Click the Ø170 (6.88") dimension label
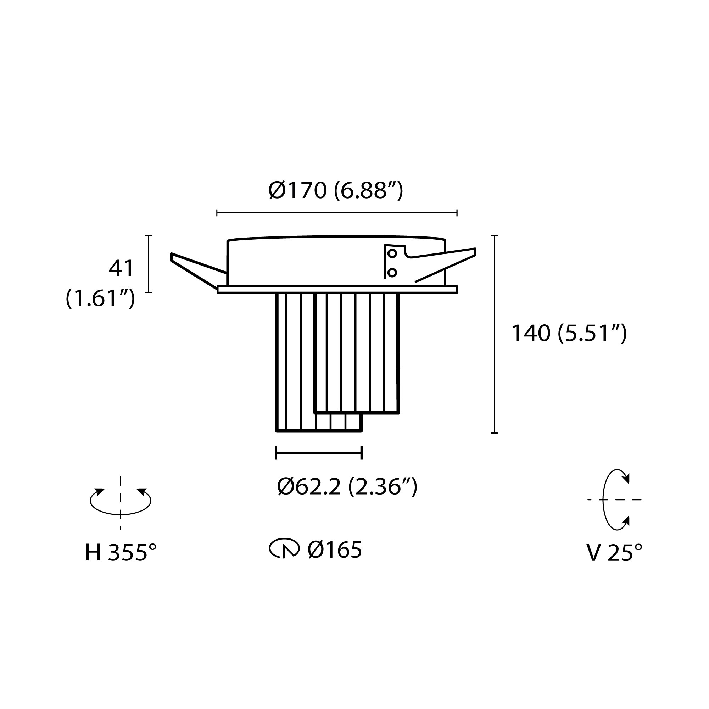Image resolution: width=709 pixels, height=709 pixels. (336, 191)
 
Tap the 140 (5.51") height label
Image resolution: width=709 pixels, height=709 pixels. (569, 333)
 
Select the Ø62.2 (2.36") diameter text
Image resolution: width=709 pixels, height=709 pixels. (347, 487)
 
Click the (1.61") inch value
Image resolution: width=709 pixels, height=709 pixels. (100, 298)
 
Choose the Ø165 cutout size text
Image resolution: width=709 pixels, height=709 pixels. (335, 550)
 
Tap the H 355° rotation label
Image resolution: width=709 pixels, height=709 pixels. (121, 553)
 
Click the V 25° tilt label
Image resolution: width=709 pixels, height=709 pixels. (614, 553)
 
